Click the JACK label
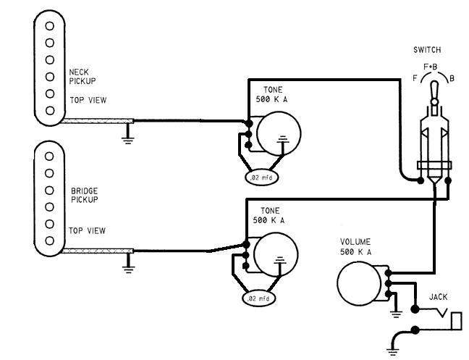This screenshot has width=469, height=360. pyautogui.click(x=439, y=297)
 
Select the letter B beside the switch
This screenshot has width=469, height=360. pyautogui.click(x=452, y=78)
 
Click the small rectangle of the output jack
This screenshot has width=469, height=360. pyautogui.click(x=457, y=319)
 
